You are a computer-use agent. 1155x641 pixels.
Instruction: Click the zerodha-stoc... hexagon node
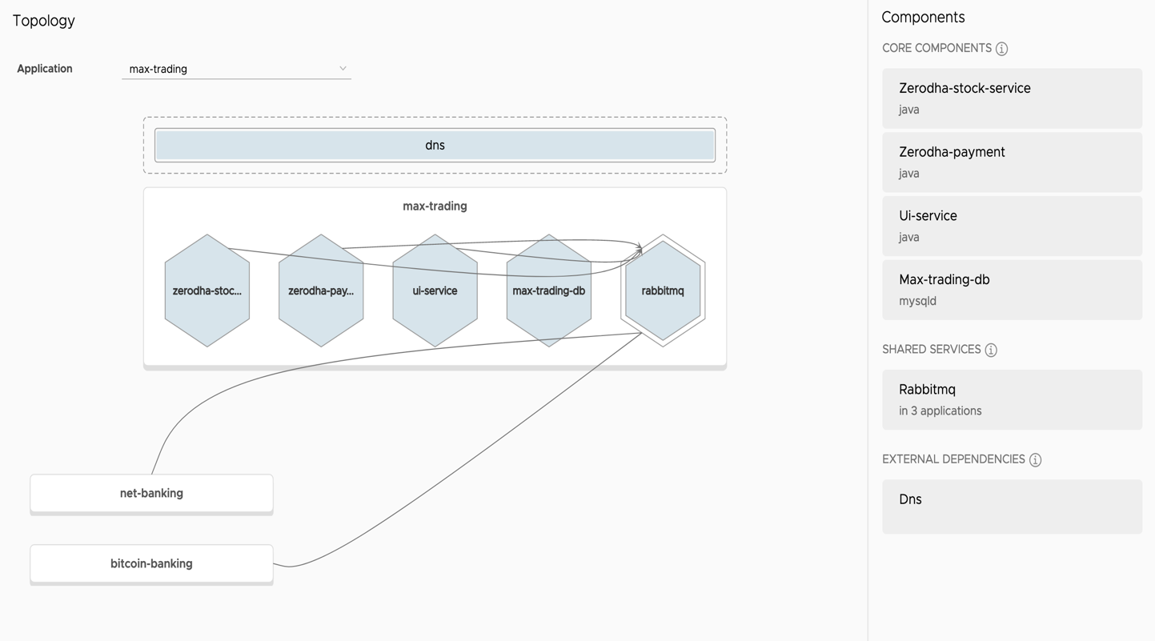coord(207,290)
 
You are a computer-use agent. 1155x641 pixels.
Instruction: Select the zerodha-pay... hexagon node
coord(321,290)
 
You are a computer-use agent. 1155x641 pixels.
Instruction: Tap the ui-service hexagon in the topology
coord(435,290)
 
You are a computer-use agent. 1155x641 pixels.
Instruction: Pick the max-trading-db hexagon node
coord(548,290)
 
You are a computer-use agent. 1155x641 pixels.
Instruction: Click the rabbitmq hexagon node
coord(663,290)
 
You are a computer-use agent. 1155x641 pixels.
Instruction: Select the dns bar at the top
coord(435,145)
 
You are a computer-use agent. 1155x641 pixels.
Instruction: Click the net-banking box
coord(151,494)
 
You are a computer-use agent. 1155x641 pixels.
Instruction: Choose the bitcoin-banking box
coord(151,563)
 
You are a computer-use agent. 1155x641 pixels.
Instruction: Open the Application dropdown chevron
coord(343,68)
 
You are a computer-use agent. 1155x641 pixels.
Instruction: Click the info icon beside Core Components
coord(1001,49)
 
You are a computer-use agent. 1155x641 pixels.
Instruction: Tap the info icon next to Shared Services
coord(991,350)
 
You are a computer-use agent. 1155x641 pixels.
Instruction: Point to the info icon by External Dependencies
coord(1035,459)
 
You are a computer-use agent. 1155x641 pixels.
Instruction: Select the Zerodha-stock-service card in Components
coord(1012,98)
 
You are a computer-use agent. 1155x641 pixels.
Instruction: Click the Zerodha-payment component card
coord(1012,162)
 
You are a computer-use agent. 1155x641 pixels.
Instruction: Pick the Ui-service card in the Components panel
coord(1012,226)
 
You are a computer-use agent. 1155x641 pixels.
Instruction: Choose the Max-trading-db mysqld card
coord(1012,290)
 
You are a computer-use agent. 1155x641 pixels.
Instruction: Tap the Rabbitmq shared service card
coord(1012,399)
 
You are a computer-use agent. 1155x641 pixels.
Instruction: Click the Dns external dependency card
coord(1012,507)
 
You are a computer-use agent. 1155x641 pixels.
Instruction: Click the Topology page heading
coord(44,21)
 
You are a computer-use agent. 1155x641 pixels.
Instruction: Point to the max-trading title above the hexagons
coord(435,206)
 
